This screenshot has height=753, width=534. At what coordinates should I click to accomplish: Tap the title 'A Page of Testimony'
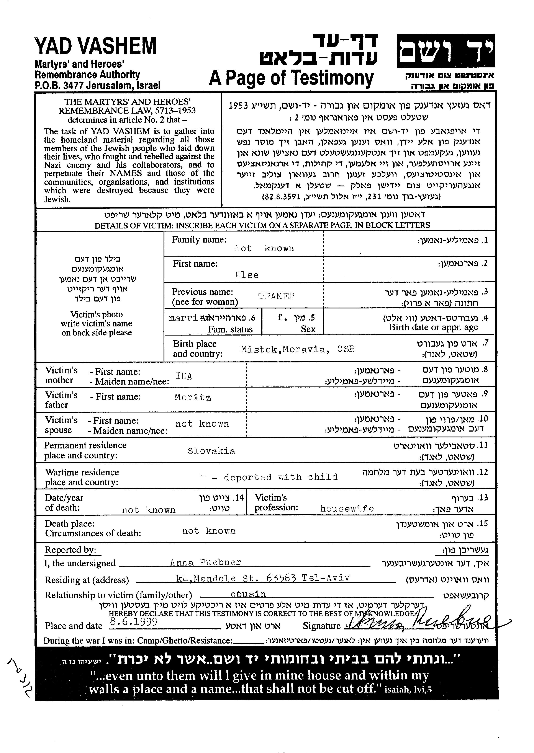(x=291, y=78)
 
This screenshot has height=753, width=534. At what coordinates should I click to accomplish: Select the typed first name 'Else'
(x=247, y=275)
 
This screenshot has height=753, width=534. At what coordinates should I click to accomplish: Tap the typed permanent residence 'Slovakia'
(x=211, y=451)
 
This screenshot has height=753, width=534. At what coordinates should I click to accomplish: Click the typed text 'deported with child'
(x=280, y=477)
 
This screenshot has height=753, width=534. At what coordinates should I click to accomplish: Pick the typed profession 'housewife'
(x=347, y=509)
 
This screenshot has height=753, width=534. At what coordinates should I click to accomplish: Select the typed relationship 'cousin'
(x=248, y=594)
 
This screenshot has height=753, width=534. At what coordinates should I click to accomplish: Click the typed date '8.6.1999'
(x=134, y=621)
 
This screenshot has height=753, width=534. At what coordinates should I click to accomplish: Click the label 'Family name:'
(x=199, y=240)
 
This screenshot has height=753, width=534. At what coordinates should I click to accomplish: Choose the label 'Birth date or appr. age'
(x=433, y=327)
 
